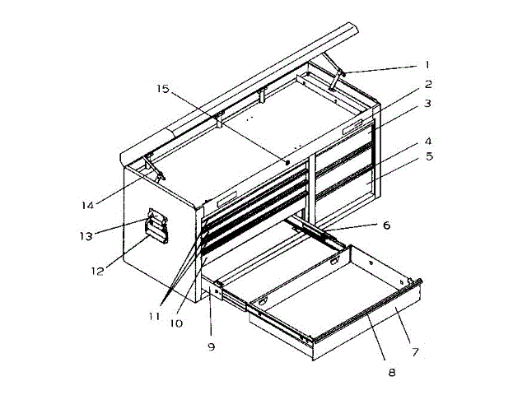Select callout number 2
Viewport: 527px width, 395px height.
coord(429,84)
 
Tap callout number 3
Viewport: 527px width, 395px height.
coord(429,104)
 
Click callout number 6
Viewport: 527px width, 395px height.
coord(386,225)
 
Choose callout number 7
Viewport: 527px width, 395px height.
coord(415,351)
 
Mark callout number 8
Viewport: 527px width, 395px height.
coord(391,371)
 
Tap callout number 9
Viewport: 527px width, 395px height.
coord(211,346)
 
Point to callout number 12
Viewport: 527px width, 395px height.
coord(97,269)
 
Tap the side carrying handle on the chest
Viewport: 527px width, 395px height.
coord(156,227)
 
